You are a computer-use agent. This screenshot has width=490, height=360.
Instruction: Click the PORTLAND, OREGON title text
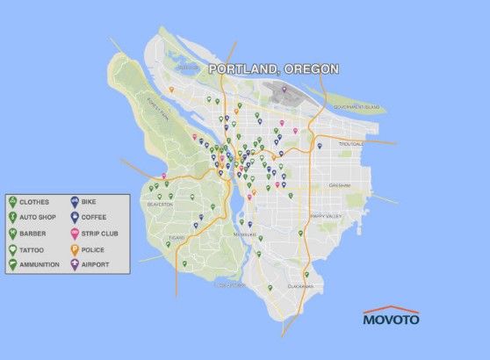[273, 69]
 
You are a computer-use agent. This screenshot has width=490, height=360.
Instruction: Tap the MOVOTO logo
[391, 318]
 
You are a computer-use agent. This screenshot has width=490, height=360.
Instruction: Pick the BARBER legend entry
[33, 233]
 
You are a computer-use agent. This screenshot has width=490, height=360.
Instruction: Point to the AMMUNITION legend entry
[40, 263]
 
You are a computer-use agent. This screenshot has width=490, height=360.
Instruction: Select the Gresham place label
[340, 185]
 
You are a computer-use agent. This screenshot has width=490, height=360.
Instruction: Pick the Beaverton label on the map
[162, 203]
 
